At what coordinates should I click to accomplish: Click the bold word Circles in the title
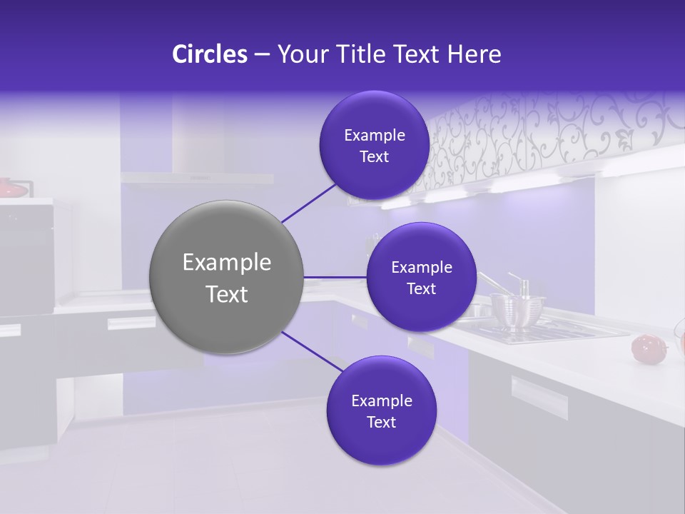tap(210, 54)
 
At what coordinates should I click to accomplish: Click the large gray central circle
tap(226, 277)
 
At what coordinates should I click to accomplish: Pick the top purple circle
tap(374, 146)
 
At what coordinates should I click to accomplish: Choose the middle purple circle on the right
tap(421, 277)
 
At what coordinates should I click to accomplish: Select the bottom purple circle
tap(381, 410)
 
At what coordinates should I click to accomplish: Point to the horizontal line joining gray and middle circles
tap(335, 277)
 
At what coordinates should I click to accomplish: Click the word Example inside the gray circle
tap(226, 263)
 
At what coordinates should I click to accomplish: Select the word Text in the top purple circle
tap(374, 157)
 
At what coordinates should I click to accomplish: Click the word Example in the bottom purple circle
tap(381, 400)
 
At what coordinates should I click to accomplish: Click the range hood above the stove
tap(196, 176)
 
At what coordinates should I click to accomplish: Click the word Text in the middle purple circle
tap(421, 288)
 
